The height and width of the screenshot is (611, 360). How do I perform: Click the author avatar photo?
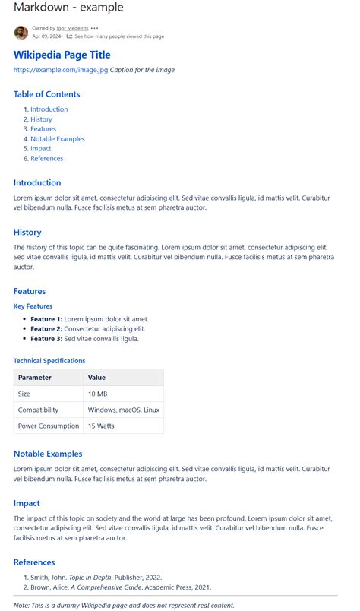coord(21,32)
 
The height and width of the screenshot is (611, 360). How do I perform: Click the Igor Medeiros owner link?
coord(72,28)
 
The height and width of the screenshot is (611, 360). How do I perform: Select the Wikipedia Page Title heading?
coord(62,55)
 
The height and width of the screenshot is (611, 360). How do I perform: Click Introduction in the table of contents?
coord(49,109)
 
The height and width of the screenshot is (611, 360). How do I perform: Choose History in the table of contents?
coord(41,119)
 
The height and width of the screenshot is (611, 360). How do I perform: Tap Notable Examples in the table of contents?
coord(58,139)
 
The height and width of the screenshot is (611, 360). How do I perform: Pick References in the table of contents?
coord(47,159)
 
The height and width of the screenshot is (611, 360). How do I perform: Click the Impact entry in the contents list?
coord(42,149)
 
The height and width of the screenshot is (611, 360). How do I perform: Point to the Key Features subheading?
coord(33,306)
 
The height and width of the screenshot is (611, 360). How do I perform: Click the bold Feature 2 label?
coord(46,329)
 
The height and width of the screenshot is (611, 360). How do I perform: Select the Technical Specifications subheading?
coord(49,361)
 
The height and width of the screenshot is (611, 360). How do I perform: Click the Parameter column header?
coord(35,378)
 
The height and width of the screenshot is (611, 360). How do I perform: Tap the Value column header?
coord(96,378)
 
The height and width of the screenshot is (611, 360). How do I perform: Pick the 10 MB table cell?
coord(97,394)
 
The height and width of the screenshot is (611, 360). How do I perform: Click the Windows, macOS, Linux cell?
coord(124,410)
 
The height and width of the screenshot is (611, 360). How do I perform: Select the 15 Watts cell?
coord(101,426)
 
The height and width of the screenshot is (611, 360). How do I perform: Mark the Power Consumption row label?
coord(49,426)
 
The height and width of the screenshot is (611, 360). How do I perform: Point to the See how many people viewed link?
coord(118,36)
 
